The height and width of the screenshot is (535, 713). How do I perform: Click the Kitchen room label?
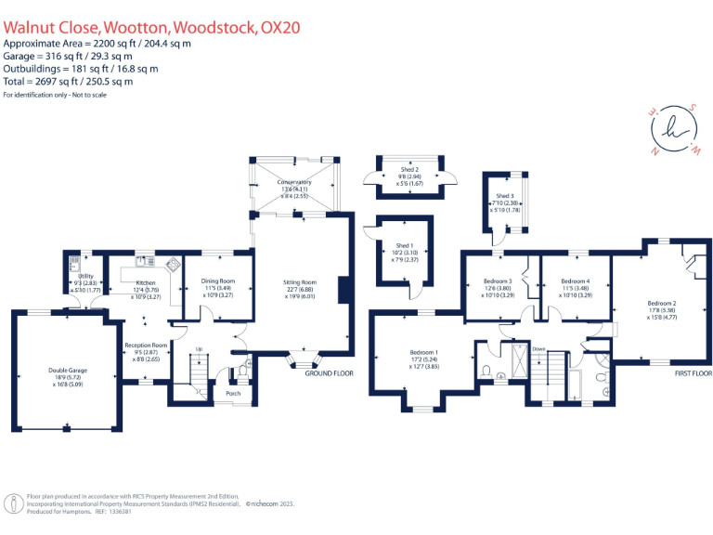[148, 281]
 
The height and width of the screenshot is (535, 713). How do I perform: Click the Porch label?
[233, 393]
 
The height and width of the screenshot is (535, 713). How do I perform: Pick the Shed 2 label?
[410, 170]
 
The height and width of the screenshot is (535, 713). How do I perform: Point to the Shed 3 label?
[504, 196]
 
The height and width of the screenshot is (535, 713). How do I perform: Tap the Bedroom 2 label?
[662, 303]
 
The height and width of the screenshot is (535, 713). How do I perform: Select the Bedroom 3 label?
[498, 281]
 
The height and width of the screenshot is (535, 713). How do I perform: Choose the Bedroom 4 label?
[576, 281]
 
